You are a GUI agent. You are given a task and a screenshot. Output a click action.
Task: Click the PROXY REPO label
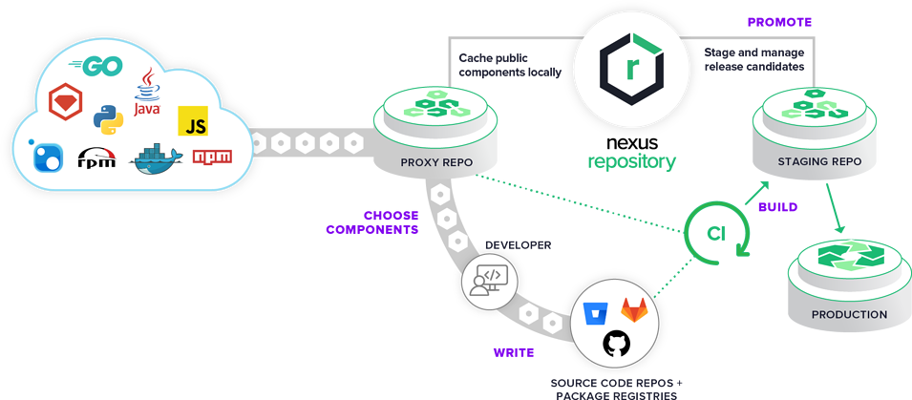436,161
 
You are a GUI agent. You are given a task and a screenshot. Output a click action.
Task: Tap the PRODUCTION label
848,314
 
